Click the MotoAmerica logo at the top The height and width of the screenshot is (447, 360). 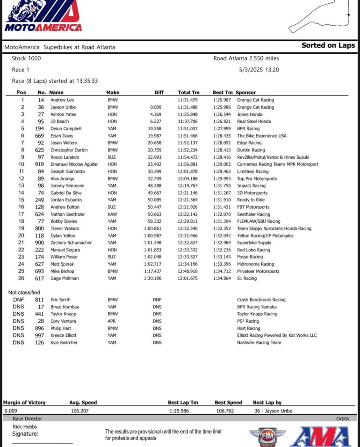click(x=43, y=16)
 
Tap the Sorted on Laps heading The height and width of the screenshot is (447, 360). click(x=328, y=45)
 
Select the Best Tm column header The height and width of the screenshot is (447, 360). click(x=222, y=92)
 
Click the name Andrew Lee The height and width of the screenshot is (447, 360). click(x=62, y=100)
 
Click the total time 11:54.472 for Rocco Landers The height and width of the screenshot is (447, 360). click(x=187, y=157)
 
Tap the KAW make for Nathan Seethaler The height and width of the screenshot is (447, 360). click(x=112, y=214)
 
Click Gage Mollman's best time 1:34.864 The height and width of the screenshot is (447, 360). click(x=223, y=278)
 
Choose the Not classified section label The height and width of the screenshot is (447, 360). click(x=24, y=292)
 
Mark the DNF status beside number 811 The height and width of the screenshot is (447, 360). click(x=19, y=300)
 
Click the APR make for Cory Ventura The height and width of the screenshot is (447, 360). click(x=112, y=321)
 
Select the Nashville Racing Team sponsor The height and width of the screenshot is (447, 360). click(x=259, y=343)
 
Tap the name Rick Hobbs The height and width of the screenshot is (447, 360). click(x=25, y=426)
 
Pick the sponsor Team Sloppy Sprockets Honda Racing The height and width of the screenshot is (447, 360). click(x=274, y=228)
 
